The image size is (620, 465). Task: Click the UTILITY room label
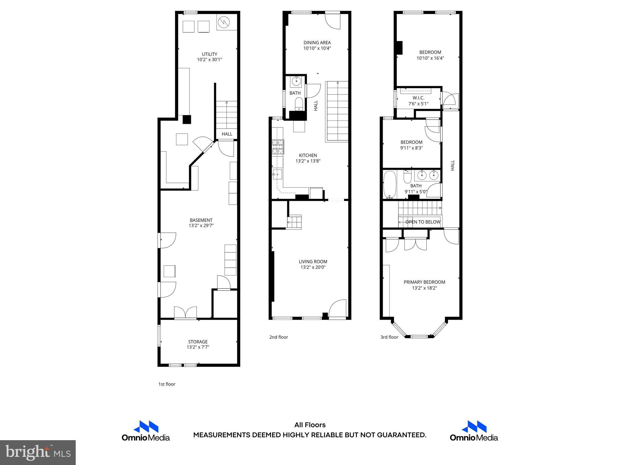(209, 54)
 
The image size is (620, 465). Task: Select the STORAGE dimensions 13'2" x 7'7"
(198, 347)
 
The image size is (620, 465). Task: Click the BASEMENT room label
(201, 220)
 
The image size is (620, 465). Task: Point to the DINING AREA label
(317, 43)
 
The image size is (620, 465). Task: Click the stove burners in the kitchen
(278, 147)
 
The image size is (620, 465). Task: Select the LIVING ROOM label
(313, 262)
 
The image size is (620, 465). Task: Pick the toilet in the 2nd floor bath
(299, 104)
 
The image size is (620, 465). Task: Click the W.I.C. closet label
(418, 98)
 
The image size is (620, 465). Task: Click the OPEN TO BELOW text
(423, 222)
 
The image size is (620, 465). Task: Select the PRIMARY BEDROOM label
(424, 282)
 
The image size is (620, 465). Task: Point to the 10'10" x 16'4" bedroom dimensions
(430, 58)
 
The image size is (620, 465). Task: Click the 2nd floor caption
(279, 337)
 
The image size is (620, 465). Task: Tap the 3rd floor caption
(389, 337)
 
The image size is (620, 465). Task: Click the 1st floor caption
(167, 384)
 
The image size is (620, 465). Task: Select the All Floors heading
(310, 425)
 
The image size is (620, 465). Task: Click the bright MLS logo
(38, 452)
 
